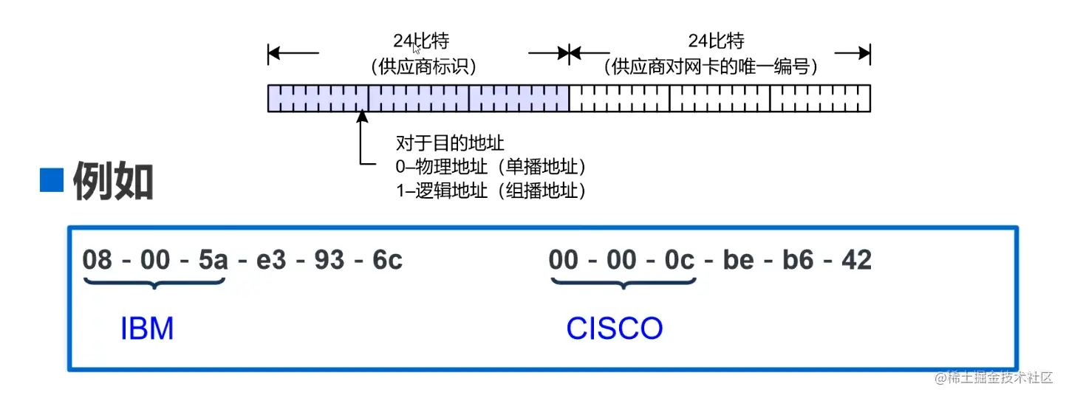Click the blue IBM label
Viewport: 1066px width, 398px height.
(x=146, y=329)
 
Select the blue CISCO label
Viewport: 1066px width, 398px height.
(x=614, y=329)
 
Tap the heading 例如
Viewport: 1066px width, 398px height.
(x=113, y=182)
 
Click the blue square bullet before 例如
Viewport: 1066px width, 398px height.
(x=52, y=180)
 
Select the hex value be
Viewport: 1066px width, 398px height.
(x=738, y=260)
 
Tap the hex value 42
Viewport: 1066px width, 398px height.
(x=856, y=260)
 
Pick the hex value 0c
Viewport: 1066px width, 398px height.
(x=679, y=260)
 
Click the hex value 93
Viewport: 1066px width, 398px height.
(x=329, y=260)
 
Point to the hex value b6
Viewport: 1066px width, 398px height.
(x=798, y=260)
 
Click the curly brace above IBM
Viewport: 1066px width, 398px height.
(x=154, y=282)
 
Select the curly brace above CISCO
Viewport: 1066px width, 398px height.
(x=623, y=282)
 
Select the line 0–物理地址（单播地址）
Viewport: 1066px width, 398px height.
(x=496, y=166)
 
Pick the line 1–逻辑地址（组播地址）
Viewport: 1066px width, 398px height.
(x=491, y=191)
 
